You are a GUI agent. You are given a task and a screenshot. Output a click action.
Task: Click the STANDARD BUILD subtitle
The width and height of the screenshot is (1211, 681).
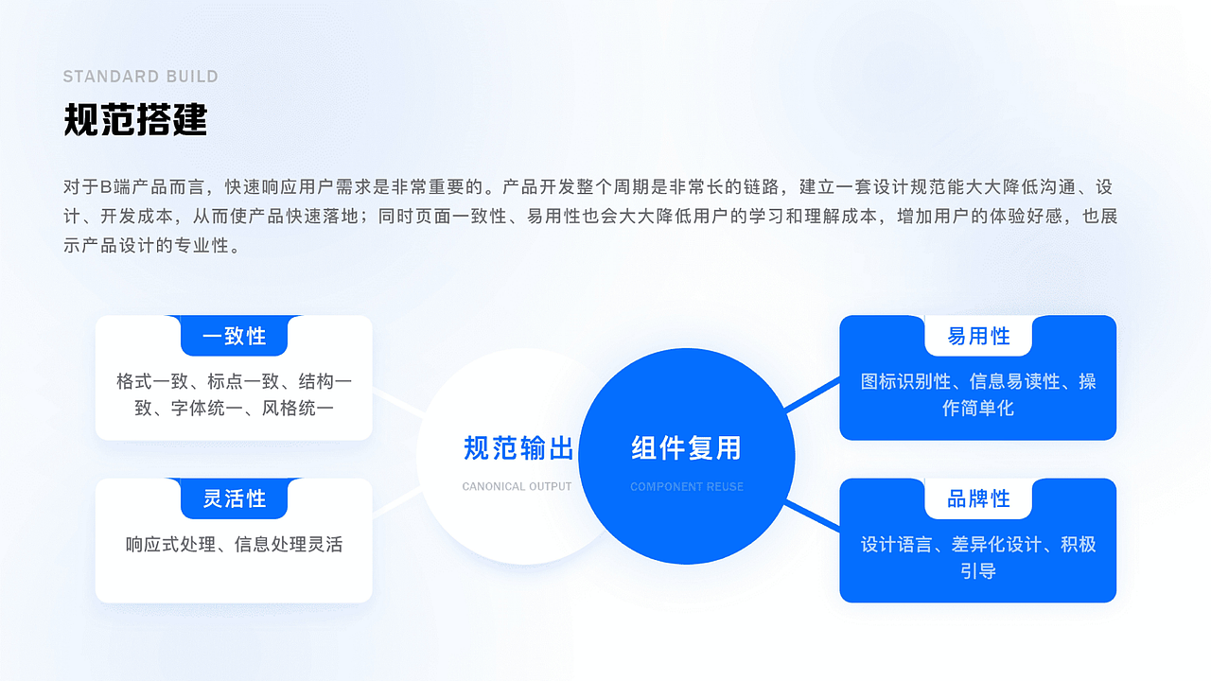(x=140, y=77)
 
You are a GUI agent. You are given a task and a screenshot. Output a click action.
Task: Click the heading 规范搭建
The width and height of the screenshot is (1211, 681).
(x=135, y=120)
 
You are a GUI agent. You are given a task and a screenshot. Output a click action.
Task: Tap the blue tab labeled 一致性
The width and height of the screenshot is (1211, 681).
(x=234, y=336)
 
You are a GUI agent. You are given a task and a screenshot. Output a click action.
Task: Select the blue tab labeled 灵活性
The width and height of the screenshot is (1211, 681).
(x=234, y=498)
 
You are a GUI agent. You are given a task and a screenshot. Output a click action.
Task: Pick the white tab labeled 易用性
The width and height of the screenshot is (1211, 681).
(x=978, y=336)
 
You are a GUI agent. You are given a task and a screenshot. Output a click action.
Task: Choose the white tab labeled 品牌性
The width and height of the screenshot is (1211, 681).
(x=978, y=498)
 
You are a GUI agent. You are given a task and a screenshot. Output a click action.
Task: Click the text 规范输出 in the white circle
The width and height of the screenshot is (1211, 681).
(x=518, y=448)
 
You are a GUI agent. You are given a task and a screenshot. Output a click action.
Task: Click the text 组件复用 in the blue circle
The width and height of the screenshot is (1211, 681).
(x=686, y=448)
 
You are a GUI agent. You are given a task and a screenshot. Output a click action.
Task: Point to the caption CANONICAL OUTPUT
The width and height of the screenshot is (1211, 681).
(x=517, y=487)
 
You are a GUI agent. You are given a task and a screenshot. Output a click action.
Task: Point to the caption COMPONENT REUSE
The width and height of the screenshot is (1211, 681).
(x=687, y=487)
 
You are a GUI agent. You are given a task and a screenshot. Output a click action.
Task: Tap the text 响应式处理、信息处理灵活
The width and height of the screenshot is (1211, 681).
(x=234, y=545)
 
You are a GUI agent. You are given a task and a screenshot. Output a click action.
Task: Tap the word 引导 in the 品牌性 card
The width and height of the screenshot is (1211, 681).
(x=978, y=571)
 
